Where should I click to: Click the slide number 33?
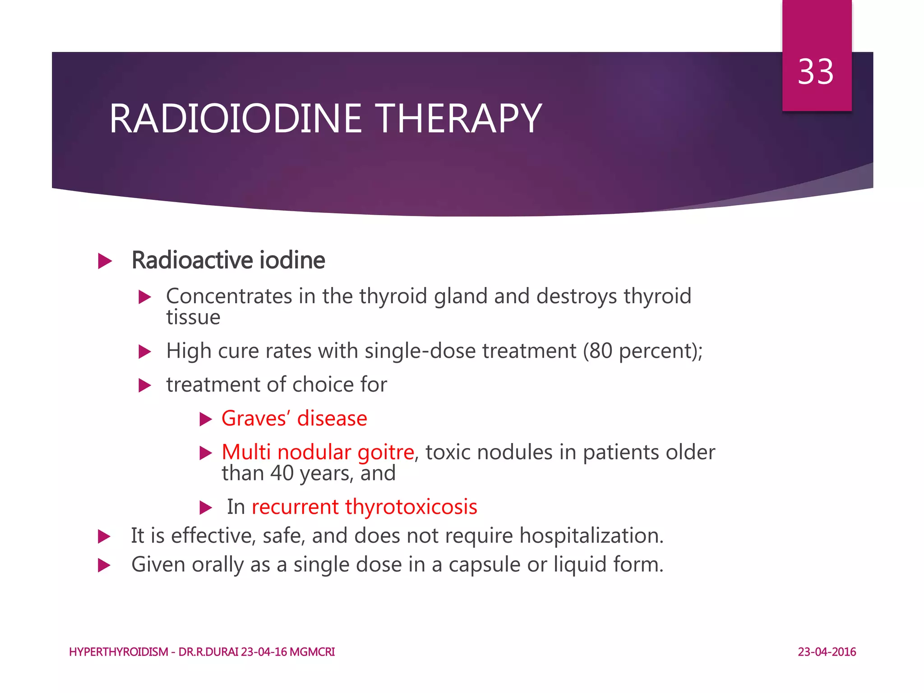click(815, 72)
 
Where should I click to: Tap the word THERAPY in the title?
click(459, 119)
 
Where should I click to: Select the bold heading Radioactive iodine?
click(228, 260)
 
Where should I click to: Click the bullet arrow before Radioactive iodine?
click(105, 261)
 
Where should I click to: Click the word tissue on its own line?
click(193, 317)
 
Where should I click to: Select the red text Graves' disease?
click(294, 418)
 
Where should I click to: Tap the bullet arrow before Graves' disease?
click(206, 420)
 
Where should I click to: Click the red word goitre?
click(386, 452)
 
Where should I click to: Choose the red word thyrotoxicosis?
click(411, 507)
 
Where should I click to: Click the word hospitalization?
click(591, 536)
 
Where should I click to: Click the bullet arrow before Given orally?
click(104, 565)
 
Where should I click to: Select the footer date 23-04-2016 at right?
click(827, 652)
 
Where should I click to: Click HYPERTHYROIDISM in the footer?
click(119, 652)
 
